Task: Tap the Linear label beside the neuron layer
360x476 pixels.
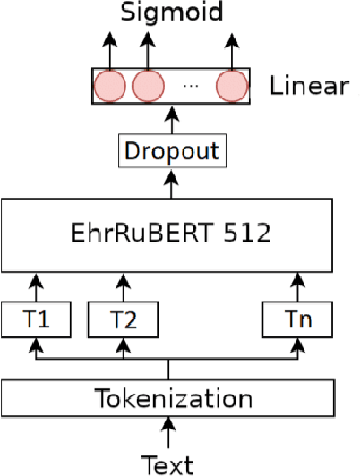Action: pyautogui.click(x=310, y=86)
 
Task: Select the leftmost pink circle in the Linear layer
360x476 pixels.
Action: pyautogui.click(x=109, y=87)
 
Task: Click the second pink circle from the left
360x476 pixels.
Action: pyautogui.click(x=148, y=87)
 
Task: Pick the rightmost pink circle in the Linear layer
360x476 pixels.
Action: pyautogui.click(x=230, y=87)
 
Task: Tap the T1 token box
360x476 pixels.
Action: pyautogui.click(x=35, y=317)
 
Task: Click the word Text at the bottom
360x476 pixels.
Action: pyautogui.click(x=168, y=463)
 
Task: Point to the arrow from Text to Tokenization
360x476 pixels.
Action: pyautogui.click(x=168, y=435)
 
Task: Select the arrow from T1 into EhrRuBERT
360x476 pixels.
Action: pyautogui.click(x=35, y=286)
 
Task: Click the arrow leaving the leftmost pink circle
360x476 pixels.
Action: pyautogui.click(x=109, y=49)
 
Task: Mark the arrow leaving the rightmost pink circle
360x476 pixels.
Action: pyautogui.click(x=231, y=49)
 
